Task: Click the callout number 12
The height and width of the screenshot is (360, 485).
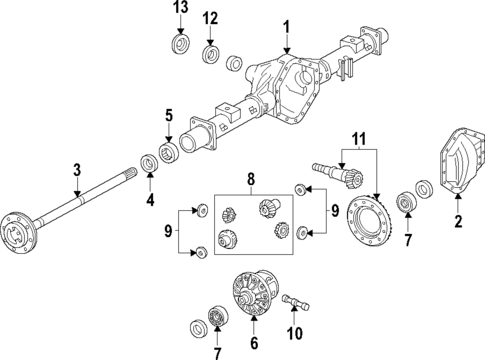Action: click(210, 19)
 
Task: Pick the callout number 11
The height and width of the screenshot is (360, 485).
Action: click(358, 136)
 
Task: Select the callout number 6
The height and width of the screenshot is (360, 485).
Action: click(254, 342)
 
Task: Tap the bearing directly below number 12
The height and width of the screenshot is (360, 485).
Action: click(211, 53)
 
